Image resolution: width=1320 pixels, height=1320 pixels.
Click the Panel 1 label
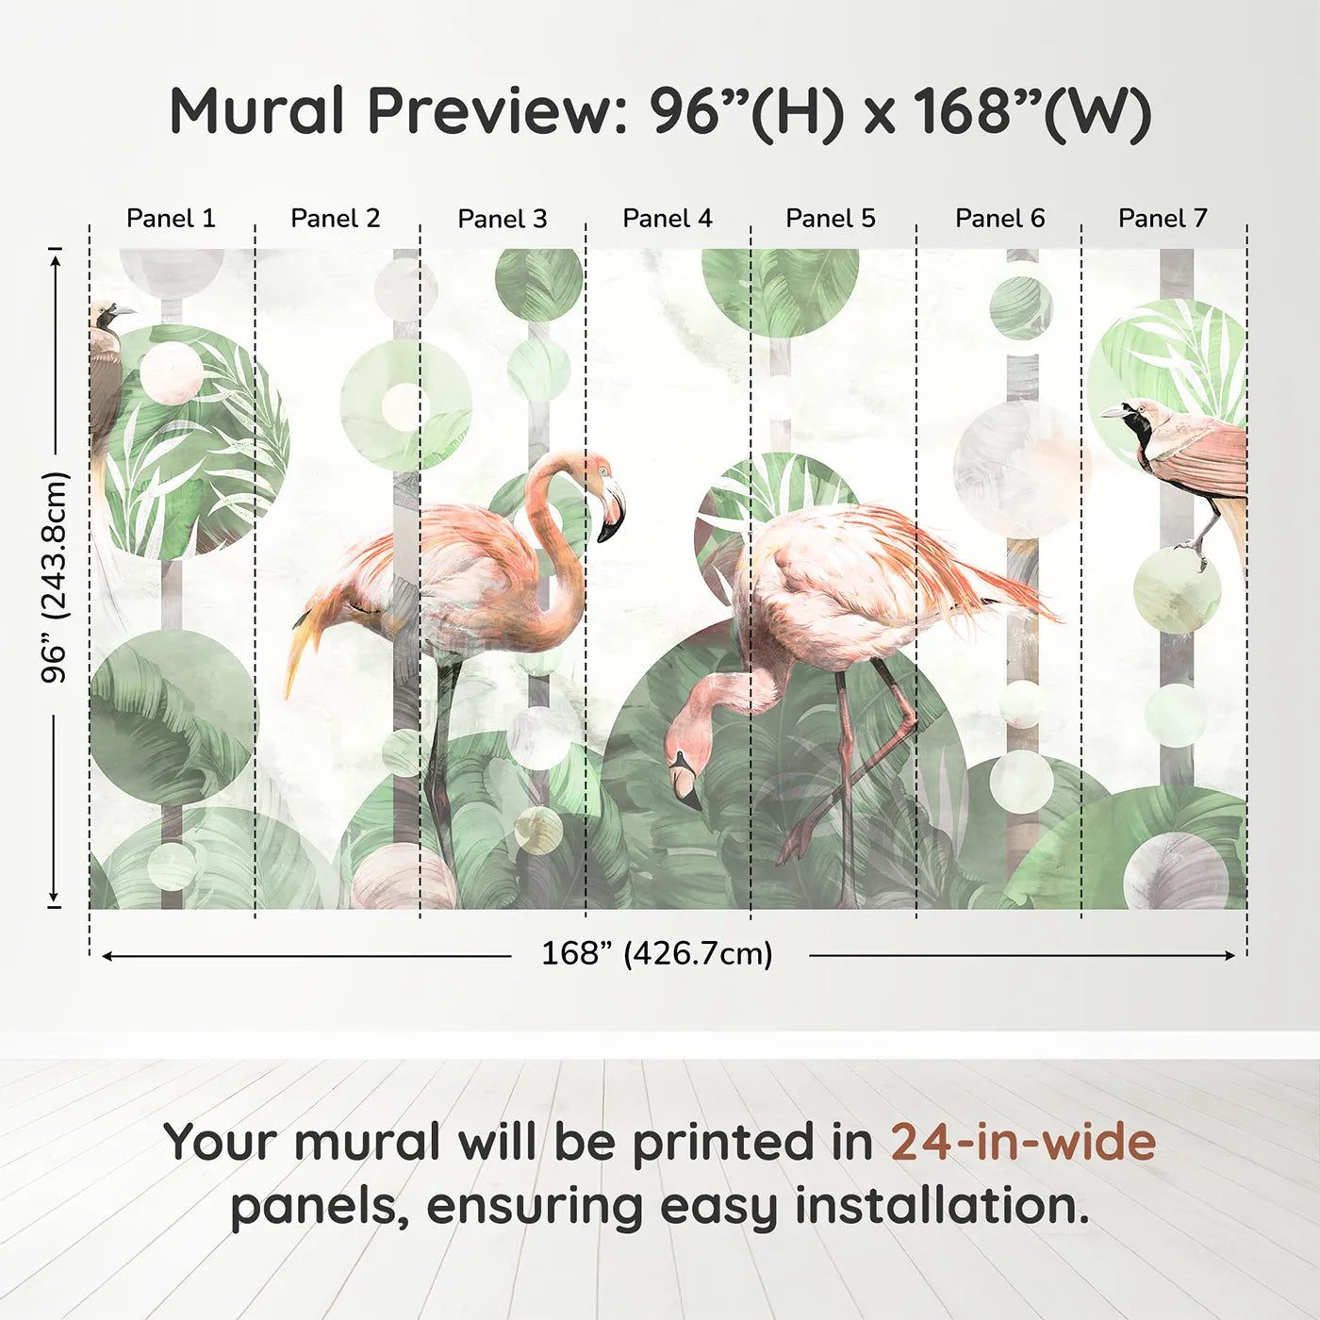pyautogui.click(x=171, y=219)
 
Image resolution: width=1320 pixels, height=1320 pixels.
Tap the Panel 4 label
pyautogui.click(x=668, y=219)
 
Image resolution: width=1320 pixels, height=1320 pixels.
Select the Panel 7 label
pyautogui.click(x=1163, y=219)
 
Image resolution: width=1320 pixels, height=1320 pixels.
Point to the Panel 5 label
pyautogui.click(x=831, y=219)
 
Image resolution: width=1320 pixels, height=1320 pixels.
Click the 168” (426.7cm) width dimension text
pyautogui.click(x=657, y=953)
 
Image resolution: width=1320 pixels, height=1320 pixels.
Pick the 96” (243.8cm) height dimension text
pyautogui.click(x=55, y=577)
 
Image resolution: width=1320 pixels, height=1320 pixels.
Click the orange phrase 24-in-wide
pyautogui.click(x=1023, y=1142)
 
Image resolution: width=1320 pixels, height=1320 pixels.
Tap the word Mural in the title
pyautogui.click(x=256, y=111)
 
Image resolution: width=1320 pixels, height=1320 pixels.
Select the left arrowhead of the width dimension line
pyautogui.click(x=107, y=956)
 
